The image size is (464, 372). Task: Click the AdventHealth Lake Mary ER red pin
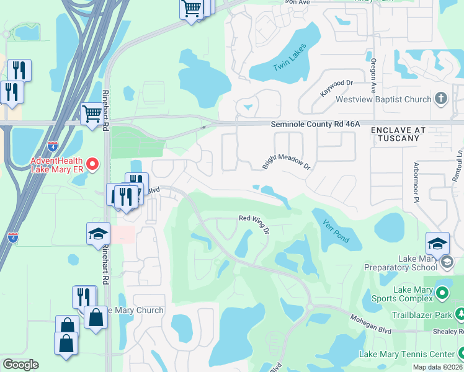[x=92, y=164]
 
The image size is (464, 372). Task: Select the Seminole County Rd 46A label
[x=315, y=124]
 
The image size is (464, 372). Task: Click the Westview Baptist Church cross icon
[x=441, y=99]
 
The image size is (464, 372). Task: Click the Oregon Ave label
[x=373, y=73]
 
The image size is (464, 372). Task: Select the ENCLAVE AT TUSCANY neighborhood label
[x=398, y=134]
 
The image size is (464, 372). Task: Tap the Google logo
[x=20, y=365]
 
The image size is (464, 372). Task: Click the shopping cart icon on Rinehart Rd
[x=92, y=115]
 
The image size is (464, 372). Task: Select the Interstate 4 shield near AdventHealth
[x=53, y=146]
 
